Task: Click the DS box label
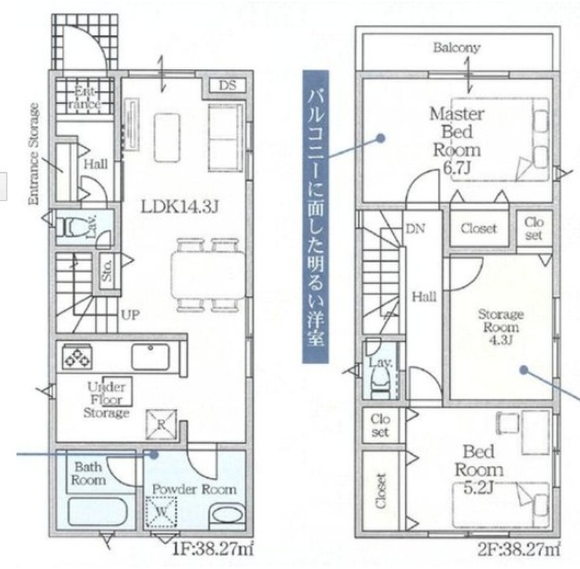pos(227,85)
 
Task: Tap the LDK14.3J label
pos(180,207)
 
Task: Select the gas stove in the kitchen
pos(77,356)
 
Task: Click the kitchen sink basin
pos(151,356)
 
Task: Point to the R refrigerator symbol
pos(161,424)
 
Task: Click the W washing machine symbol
pos(161,512)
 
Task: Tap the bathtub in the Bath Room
pos(97,511)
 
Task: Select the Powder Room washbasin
pos(227,514)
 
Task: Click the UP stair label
pos(131,315)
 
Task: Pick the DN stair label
pos(415,229)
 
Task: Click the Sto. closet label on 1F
pos(107,270)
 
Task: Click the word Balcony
pos(457,48)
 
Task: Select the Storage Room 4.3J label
pos(501,327)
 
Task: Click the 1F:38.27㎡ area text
pos(213,549)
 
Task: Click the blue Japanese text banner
pos(316,216)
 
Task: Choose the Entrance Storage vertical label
pos(33,154)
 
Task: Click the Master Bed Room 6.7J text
pos(457,141)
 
